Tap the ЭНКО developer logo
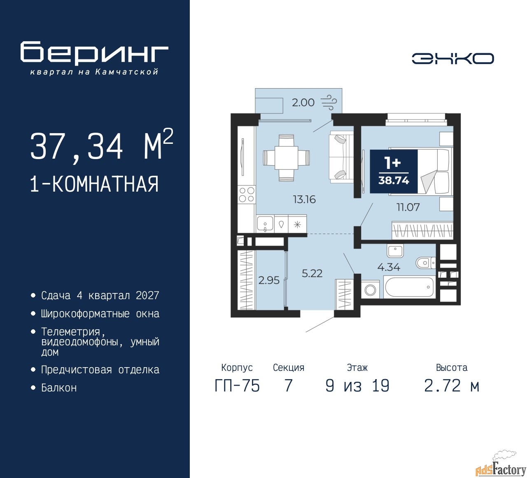452,59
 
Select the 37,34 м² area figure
102,145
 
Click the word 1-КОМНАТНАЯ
95,184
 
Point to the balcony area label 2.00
303,103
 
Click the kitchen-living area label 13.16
305,199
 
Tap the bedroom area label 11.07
408,207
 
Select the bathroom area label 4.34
389,267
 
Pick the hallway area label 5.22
312,274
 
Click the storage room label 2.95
269,280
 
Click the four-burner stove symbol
247,194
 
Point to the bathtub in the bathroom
409,287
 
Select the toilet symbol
426,262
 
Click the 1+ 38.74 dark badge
394,171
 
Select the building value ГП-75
237,386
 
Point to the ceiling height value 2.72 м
452,386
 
